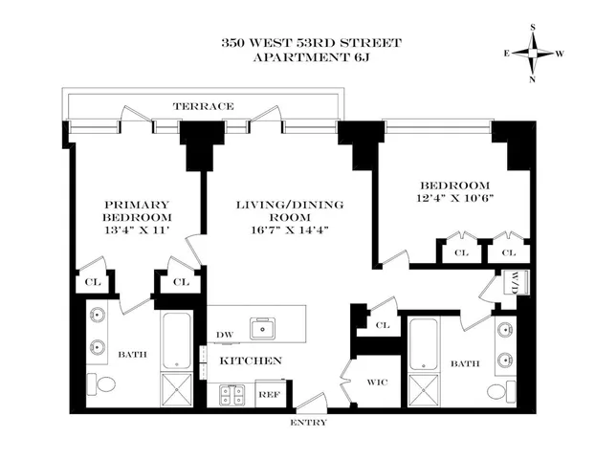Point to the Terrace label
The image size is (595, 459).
[204, 106]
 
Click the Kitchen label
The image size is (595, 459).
[252, 361]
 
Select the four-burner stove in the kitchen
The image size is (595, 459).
[231, 392]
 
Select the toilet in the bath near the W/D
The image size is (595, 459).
[495, 391]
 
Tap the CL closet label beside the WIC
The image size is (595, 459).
[383, 325]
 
